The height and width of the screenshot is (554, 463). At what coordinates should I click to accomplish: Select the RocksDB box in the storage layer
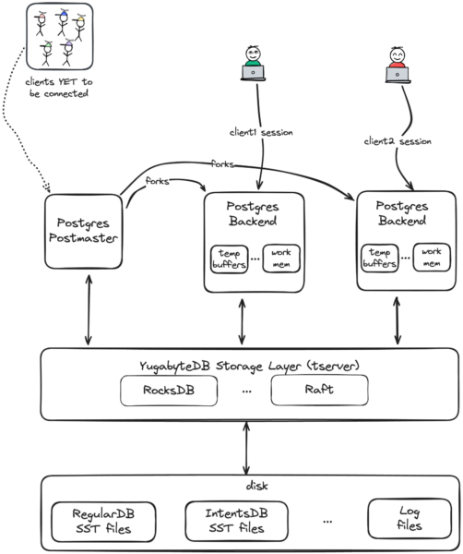[170, 390]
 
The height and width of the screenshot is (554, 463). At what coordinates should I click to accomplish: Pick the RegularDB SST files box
[98, 521]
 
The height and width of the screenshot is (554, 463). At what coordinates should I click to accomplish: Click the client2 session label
[397, 141]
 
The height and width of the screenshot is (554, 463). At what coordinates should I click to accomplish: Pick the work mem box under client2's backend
[430, 256]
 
